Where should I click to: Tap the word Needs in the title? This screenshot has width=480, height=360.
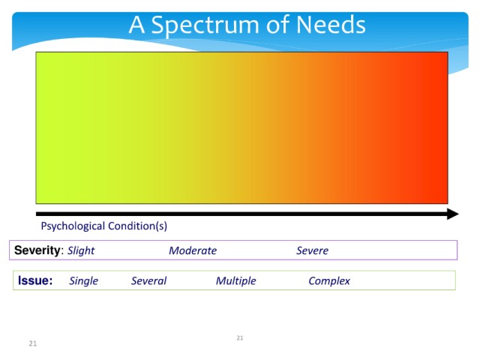(x=331, y=25)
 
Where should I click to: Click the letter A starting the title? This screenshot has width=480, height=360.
(x=136, y=25)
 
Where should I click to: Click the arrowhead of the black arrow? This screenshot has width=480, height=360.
(x=453, y=214)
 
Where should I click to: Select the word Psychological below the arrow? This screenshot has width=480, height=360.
(x=73, y=226)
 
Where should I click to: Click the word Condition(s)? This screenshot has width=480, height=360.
(x=138, y=226)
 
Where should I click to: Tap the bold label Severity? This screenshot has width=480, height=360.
(x=37, y=250)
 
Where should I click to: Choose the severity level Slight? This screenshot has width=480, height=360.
(x=81, y=250)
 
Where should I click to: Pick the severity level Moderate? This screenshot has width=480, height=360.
(x=193, y=250)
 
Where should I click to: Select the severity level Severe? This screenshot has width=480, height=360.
(x=312, y=250)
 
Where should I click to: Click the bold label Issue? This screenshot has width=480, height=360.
(x=35, y=280)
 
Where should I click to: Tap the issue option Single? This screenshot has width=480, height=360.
(x=83, y=281)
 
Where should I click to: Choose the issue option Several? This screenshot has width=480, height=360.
(x=148, y=280)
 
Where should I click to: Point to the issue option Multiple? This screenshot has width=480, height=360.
(x=235, y=281)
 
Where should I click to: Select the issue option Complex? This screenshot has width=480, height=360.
(x=329, y=281)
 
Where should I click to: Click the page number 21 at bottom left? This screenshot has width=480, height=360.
(x=33, y=343)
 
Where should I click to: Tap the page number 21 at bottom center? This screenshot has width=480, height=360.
(x=240, y=338)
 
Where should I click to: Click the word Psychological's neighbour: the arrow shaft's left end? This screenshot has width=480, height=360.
(x=36, y=214)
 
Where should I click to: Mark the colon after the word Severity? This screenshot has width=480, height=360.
(x=62, y=252)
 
